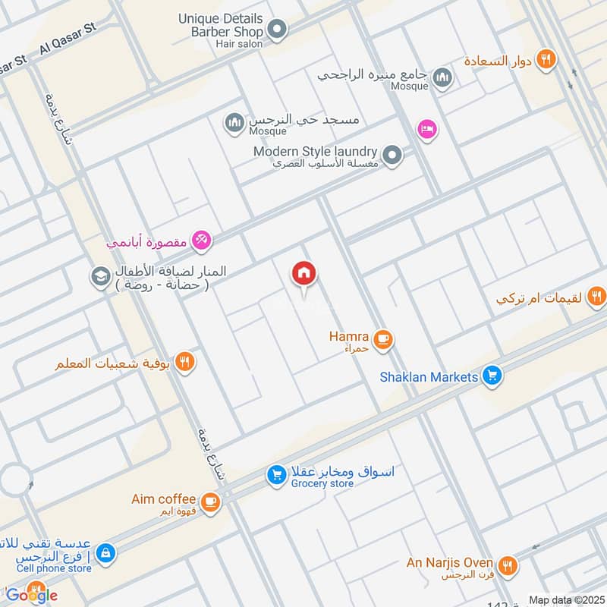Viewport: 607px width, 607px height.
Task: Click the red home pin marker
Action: (x=304, y=274)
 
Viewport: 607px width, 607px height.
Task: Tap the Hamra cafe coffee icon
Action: (x=383, y=339)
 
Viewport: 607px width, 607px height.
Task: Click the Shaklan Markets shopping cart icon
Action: (x=492, y=376)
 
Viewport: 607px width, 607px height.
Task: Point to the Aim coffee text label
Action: (x=163, y=498)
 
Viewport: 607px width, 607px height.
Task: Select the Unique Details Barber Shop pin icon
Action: (x=278, y=30)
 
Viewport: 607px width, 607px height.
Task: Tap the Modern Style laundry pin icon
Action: (x=392, y=156)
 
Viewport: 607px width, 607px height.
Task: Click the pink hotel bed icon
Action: (x=427, y=130)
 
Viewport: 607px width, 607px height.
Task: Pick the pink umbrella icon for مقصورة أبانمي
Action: (x=202, y=242)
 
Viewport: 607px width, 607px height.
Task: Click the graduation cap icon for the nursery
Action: (x=99, y=277)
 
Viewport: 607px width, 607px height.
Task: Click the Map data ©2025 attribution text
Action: (x=565, y=599)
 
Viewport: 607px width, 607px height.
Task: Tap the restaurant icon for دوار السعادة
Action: (x=545, y=59)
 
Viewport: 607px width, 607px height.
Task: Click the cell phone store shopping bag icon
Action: (x=106, y=552)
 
